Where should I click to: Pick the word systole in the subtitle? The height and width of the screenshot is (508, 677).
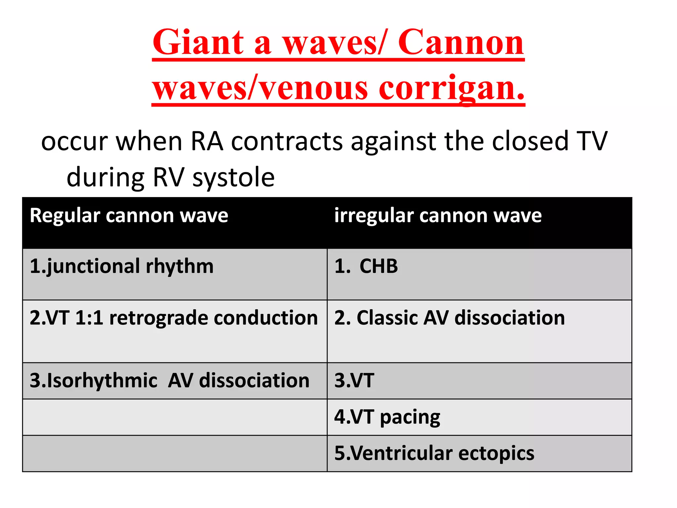(233, 178)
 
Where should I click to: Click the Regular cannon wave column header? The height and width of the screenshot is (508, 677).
(129, 216)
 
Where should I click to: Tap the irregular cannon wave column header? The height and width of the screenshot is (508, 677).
(438, 216)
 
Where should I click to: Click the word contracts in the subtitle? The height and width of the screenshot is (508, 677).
(287, 142)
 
